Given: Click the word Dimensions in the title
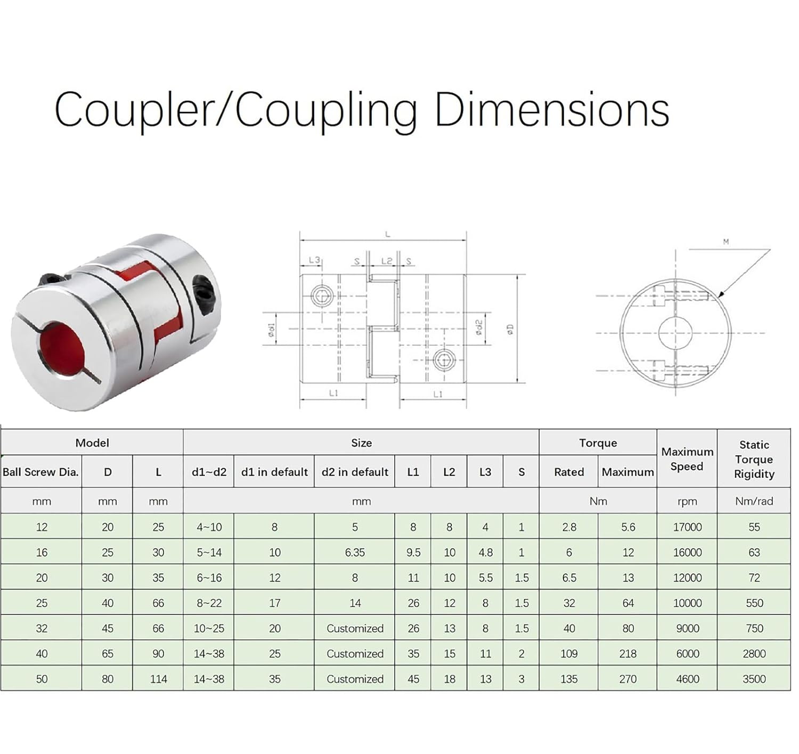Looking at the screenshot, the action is (552, 110).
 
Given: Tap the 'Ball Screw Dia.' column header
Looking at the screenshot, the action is (40, 472).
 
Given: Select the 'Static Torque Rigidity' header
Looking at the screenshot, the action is (754, 459).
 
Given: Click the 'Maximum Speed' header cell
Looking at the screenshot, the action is (687, 459).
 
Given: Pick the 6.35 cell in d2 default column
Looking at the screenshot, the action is (355, 553).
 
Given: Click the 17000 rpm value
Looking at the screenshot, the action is (687, 527).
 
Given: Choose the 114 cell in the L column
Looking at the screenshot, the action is (158, 679).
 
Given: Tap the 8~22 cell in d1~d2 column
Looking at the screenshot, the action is (209, 603).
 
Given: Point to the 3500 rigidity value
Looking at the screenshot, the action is (754, 679).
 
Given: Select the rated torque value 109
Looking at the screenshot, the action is (569, 654).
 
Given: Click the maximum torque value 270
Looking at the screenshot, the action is (628, 679).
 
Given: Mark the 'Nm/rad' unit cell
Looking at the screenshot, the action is (754, 501).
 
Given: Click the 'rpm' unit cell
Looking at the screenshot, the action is (687, 501).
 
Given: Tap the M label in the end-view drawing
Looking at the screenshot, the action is (725, 242).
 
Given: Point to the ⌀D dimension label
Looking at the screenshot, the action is (510, 329).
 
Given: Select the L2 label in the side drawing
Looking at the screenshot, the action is (387, 261).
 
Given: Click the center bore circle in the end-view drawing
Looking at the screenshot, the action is (675, 333).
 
